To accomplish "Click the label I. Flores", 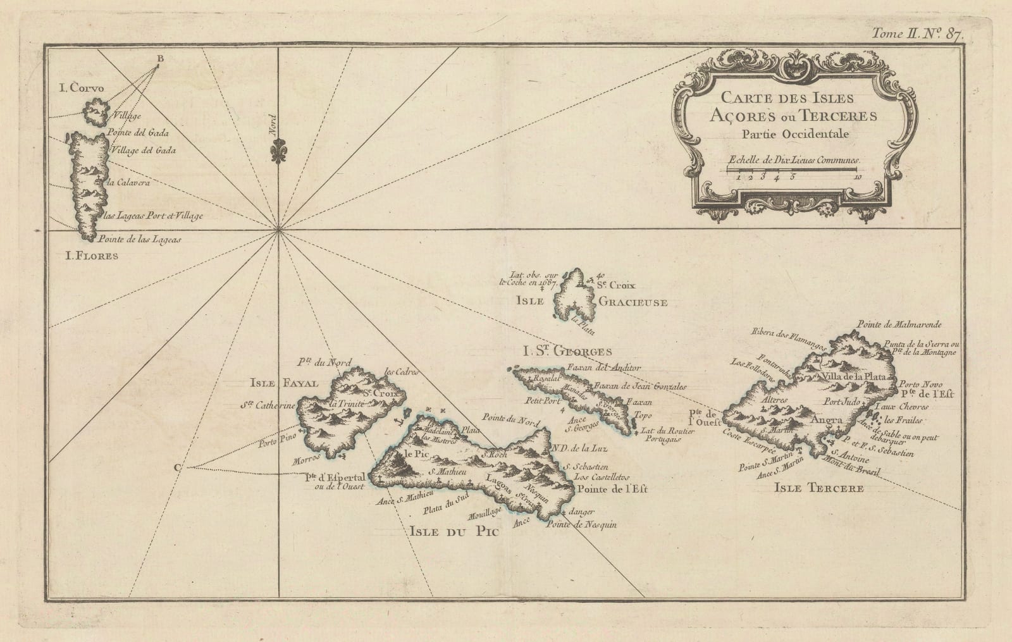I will (x=92, y=256).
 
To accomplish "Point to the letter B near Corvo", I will (x=160, y=59).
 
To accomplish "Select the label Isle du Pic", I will (x=450, y=532).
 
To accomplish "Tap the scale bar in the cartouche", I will (x=791, y=169).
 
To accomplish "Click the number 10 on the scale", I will (x=856, y=178).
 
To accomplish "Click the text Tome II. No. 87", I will (x=925, y=35).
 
